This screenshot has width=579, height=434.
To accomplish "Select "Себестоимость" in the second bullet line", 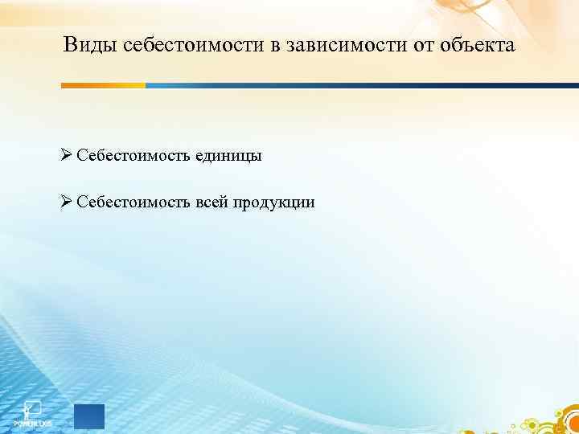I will (x=133, y=203).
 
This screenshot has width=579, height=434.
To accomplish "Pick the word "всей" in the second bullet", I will (x=211, y=203).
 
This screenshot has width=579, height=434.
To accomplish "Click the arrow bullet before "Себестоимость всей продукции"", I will (x=67, y=202).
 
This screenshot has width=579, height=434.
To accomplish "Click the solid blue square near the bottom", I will (x=88, y=417).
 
